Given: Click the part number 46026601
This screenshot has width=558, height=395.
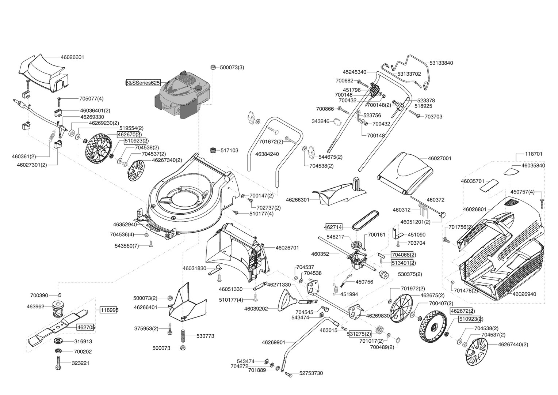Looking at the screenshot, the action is pos(73,57).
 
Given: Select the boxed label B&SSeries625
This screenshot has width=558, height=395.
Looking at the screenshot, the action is pos(143,83).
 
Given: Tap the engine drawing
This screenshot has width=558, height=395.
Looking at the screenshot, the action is pos(182,94).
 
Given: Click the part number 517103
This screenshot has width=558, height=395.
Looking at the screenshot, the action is pos(229,150).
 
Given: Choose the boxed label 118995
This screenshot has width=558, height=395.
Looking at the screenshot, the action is pos(108,310).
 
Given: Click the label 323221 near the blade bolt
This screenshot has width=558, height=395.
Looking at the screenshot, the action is pos(80,363).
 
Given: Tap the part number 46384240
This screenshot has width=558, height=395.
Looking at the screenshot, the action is pos(267,154).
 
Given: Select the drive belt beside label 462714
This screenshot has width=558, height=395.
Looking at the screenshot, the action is pos(366,220).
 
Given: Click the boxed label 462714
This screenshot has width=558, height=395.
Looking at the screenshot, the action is pos(333,227).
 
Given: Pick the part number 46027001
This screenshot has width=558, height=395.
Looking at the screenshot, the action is pos(440,158).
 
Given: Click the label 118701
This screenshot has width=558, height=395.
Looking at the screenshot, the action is pos(534,154).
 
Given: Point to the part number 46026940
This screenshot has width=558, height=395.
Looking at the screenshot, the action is pos(524,294).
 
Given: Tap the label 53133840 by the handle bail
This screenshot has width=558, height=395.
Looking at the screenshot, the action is pos(441,63).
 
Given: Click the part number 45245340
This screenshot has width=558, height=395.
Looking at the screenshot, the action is pos(355,72).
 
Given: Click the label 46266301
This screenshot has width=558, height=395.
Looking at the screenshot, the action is pos(298,200).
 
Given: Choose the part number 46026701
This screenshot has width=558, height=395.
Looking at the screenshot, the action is pos(287,248).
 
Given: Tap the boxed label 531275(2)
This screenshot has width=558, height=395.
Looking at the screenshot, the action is pos(359,334).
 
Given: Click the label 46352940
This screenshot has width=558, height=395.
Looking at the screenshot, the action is pos(125,225).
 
